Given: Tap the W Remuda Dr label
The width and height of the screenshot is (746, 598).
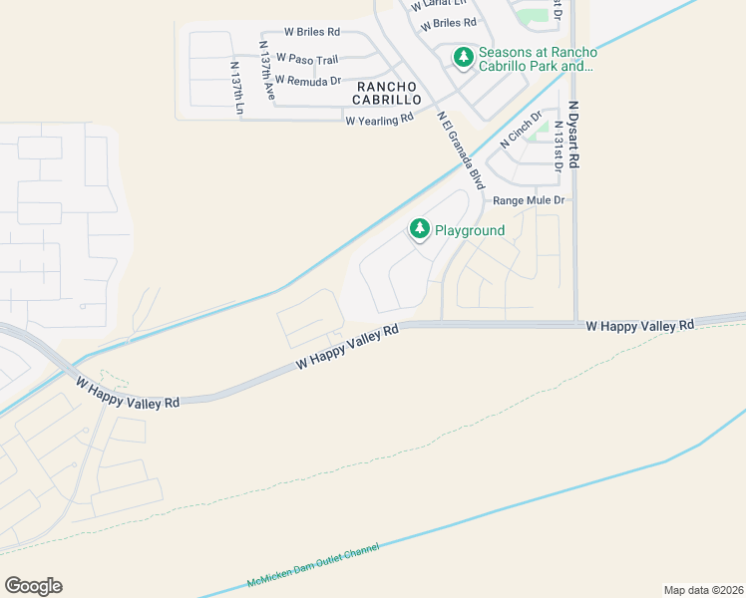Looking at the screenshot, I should coord(308,80).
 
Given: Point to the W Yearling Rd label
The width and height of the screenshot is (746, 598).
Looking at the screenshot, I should coord(379,120).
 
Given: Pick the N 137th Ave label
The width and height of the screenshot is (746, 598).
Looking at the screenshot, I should coord(266,68).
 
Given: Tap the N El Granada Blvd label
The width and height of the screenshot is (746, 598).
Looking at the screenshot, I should coord(461,149).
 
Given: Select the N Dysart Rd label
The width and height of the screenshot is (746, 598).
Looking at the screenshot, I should coord(574,134).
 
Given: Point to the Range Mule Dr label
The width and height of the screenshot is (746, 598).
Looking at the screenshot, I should coord(529,200).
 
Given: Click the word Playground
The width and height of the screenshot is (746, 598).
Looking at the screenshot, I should coord(470,230).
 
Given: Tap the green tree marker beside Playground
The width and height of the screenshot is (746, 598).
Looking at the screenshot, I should coord(420,230).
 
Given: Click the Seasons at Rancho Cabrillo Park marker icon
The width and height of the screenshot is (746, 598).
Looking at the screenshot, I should coord(463,58).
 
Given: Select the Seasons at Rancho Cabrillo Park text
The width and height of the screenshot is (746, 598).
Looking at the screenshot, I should coord(538,59).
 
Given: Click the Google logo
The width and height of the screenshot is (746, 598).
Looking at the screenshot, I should coord(33,586).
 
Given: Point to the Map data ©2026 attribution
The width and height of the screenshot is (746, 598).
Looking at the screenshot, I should coord(703,589).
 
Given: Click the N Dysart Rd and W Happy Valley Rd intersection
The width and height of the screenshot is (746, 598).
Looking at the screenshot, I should coord(575,324).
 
